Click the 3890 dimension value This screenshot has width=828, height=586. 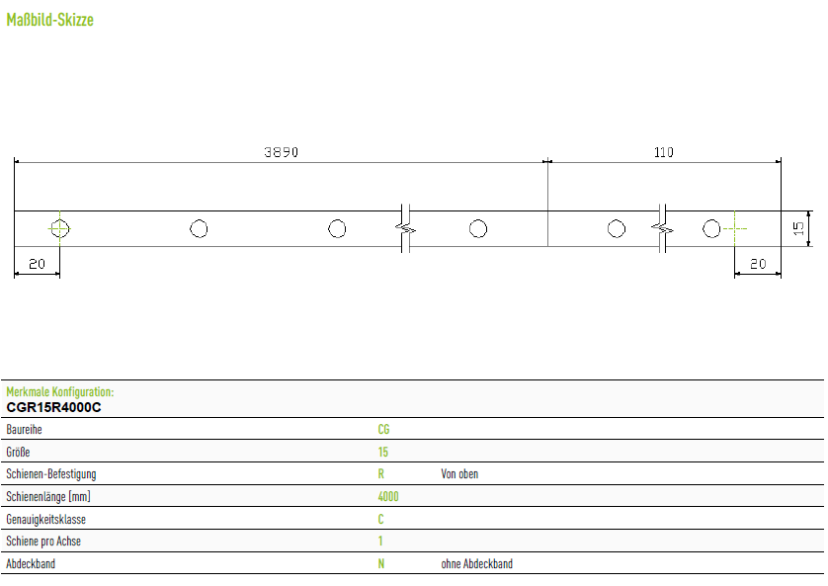tap(281, 152)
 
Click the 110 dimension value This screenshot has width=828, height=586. tap(663, 152)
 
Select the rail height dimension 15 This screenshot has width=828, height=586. tap(798, 228)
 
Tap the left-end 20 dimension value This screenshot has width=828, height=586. tap(37, 264)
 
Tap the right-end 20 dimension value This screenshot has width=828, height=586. tap(758, 264)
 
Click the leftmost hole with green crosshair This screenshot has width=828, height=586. tap(59, 228)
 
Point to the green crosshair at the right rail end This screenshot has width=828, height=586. tap(734, 228)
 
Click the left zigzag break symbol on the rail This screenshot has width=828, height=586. tap(405, 228)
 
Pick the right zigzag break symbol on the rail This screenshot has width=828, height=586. tap(662, 228)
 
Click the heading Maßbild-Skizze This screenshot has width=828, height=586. tap(50, 20)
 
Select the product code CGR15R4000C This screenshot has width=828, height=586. tap(54, 407)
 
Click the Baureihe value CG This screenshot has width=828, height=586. tap(383, 429)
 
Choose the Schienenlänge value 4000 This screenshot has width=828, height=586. tap(388, 496)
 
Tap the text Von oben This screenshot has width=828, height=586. tap(459, 474)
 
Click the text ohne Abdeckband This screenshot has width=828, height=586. tap(477, 564)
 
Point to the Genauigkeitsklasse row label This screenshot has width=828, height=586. tap(45, 520)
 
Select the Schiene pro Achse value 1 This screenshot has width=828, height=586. tap(380, 541)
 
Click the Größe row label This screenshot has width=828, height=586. tap(18, 452)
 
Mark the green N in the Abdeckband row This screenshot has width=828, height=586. tap(381, 564)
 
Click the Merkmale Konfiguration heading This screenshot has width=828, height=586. tap(59, 391)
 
